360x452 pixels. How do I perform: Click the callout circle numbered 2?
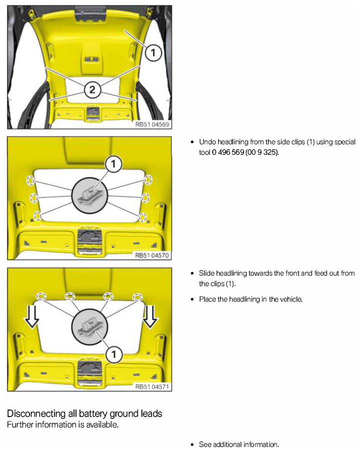pyautogui.click(x=92, y=89)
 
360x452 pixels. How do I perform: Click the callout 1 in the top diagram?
pyautogui.click(x=153, y=52)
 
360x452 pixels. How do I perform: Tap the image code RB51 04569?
pyautogui.click(x=152, y=124)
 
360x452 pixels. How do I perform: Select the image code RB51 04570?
pyautogui.click(x=152, y=255)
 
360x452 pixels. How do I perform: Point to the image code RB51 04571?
pyautogui.click(x=152, y=386)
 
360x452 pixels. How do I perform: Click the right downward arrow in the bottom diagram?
pyautogui.click(x=150, y=317)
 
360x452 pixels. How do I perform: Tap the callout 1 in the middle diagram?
pyautogui.click(x=113, y=164)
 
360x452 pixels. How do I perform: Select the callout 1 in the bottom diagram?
pyautogui.click(x=114, y=354)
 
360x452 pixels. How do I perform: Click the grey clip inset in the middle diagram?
pyautogui.click(x=89, y=195)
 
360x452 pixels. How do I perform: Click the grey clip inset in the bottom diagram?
pyautogui.click(x=89, y=327)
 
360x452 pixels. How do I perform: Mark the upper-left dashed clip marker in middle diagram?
pyautogui.click(x=30, y=180)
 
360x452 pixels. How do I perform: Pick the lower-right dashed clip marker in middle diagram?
pyautogui.click(x=143, y=217)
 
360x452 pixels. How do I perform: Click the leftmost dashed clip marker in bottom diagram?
pyautogui.click(x=41, y=296)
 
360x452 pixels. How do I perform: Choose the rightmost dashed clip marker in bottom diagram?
pyautogui.click(x=137, y=297)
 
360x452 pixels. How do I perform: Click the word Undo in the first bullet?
pyautogui.click(x=207, y=142)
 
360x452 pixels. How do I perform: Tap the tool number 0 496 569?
pyautogui.click(x=228, y=152)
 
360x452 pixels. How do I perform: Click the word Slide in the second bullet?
pyautogui.click(x=206, y=273)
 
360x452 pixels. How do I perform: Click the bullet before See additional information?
pyautogui.click(x=192, y=445)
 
